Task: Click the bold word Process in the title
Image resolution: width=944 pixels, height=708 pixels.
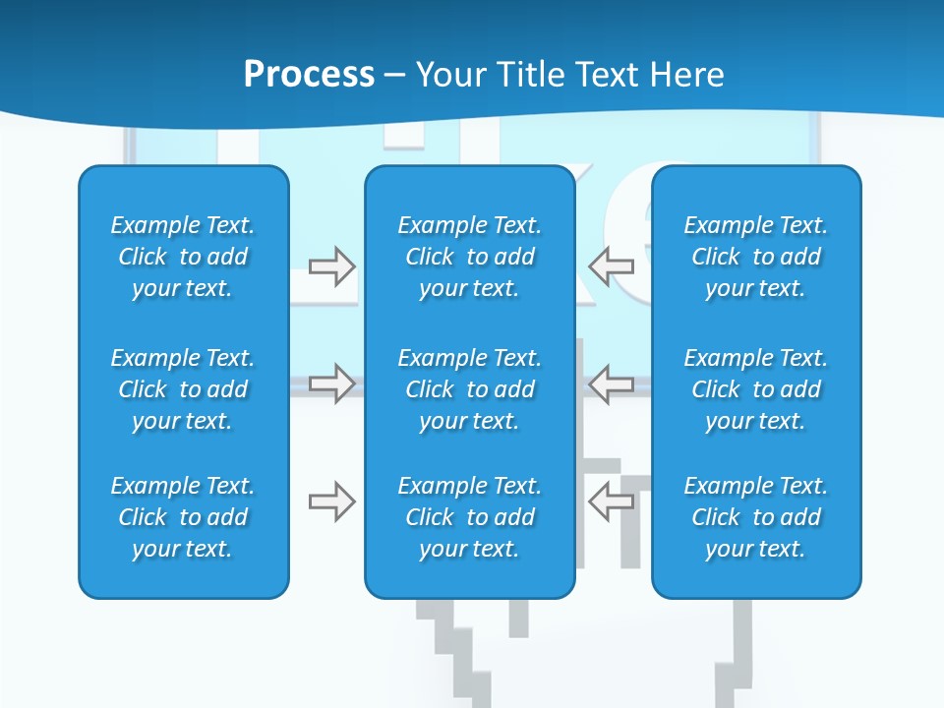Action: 309,75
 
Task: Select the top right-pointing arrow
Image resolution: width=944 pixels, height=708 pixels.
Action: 332,265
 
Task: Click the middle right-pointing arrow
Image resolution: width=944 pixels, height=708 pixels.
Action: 332,383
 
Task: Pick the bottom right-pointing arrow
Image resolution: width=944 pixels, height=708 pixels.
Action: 332,502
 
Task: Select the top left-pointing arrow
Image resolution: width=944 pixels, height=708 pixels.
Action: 612,265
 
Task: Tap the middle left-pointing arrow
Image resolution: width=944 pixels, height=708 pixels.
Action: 612,383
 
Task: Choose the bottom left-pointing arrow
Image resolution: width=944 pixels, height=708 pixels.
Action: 612,502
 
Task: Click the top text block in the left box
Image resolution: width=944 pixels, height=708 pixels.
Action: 183,257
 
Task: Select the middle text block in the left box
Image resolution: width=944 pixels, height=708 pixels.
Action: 183,389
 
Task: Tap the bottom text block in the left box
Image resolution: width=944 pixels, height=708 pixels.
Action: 183,517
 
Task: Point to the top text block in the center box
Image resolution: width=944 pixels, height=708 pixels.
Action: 469,257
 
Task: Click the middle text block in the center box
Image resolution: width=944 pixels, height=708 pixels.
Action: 469,389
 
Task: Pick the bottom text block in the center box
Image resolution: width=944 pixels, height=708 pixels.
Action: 469,517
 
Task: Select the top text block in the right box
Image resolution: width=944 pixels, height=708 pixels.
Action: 756,257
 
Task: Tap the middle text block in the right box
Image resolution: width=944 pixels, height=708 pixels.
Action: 756,389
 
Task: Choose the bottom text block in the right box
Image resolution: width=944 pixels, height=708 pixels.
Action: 756,517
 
